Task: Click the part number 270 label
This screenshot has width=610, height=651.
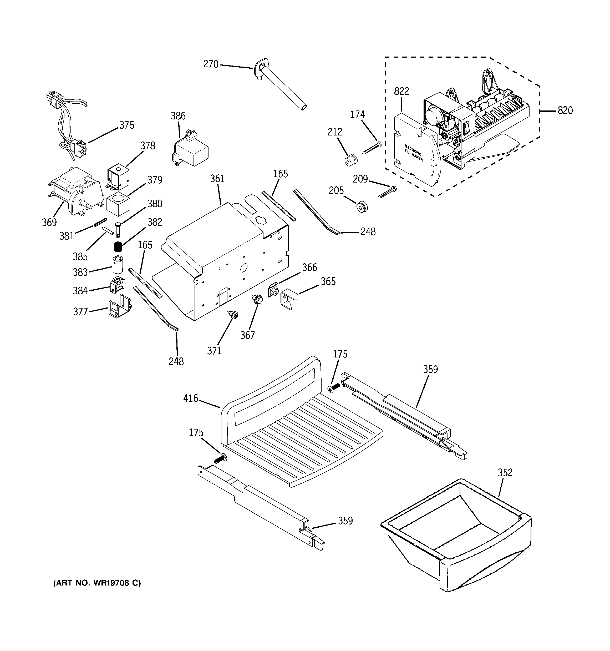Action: (211, 64)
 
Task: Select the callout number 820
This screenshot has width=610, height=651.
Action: (565, 110)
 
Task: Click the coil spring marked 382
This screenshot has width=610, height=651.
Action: (118, 246)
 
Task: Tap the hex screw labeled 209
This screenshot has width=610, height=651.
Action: (387, 192)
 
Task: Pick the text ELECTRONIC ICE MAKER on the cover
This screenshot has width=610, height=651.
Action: (414, 153)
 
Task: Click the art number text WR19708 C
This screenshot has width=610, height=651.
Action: (97, 583)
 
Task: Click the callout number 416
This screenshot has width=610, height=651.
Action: (191, 398)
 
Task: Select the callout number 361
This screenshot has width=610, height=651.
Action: (217, 179)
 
